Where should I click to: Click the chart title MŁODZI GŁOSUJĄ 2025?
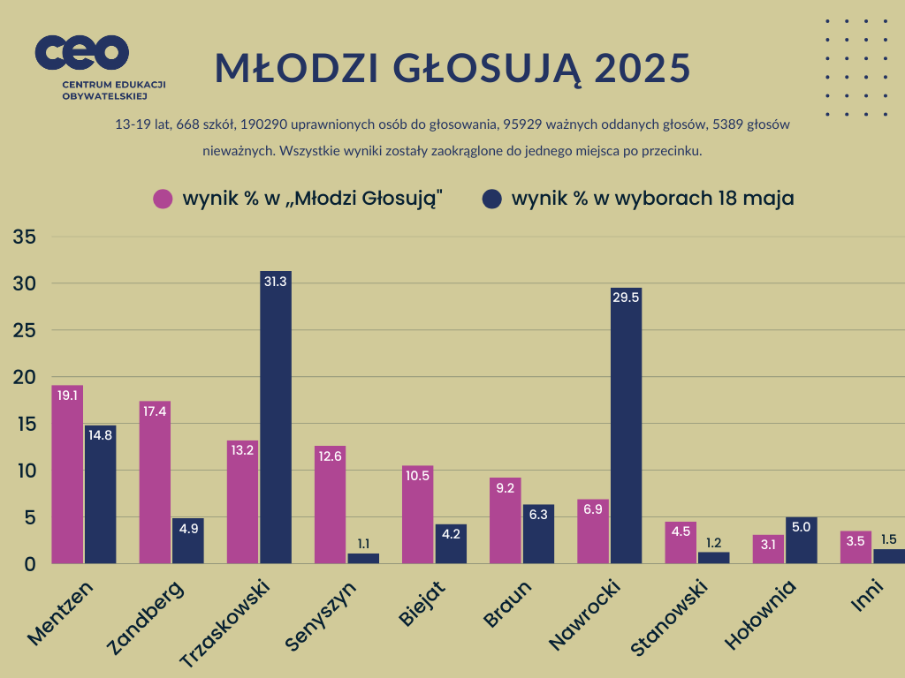(x=452, y=68)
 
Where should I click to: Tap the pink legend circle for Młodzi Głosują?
(x=163, y=199)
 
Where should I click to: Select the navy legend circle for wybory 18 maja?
(x=492, y=199)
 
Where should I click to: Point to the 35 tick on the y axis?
(x=24, y=237)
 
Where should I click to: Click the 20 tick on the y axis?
(x=24, y=377)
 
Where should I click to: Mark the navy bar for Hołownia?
(x=801, y=543)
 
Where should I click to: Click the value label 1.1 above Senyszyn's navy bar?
(x=364, y=544)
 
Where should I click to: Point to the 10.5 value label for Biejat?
(x=417, y=476)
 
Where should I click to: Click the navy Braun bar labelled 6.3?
(x=538, y=537)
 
